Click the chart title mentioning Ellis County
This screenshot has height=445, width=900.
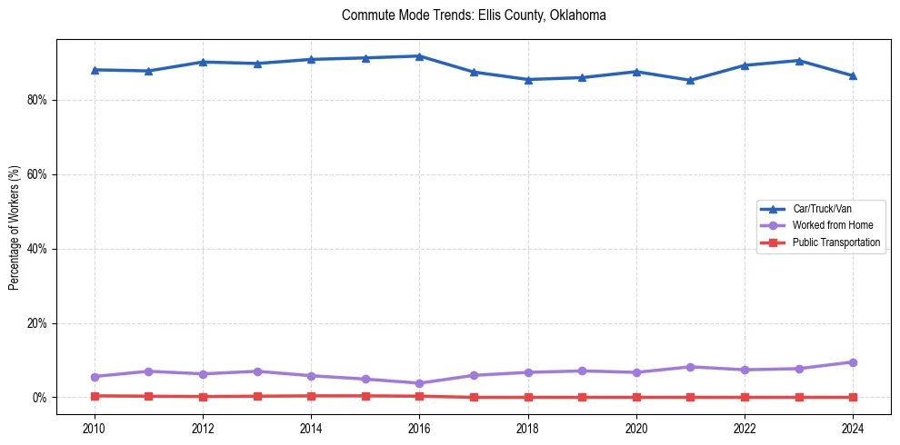point(474,15)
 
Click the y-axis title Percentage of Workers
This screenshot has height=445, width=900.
point(14,228)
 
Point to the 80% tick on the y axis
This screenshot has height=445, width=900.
point(36,100)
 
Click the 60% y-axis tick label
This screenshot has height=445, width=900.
point(36,174)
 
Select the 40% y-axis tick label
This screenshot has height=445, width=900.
point(36,249)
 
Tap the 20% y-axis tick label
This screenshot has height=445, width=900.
point(36,323)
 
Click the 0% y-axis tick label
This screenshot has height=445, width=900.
point(39,398)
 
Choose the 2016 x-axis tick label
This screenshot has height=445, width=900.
point(419,427)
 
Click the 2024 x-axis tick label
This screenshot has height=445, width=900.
point(853,427)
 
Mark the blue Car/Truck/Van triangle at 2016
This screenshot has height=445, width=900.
point(419,56)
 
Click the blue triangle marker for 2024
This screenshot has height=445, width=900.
point(853,75)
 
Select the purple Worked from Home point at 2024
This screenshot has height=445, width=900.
point(853,362)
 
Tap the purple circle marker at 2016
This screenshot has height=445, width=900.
point(419,383)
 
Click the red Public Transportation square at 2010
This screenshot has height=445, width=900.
point(95,396)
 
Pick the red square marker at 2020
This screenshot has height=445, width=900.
point(636,397)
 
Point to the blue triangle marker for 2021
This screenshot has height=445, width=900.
point(690,80)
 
